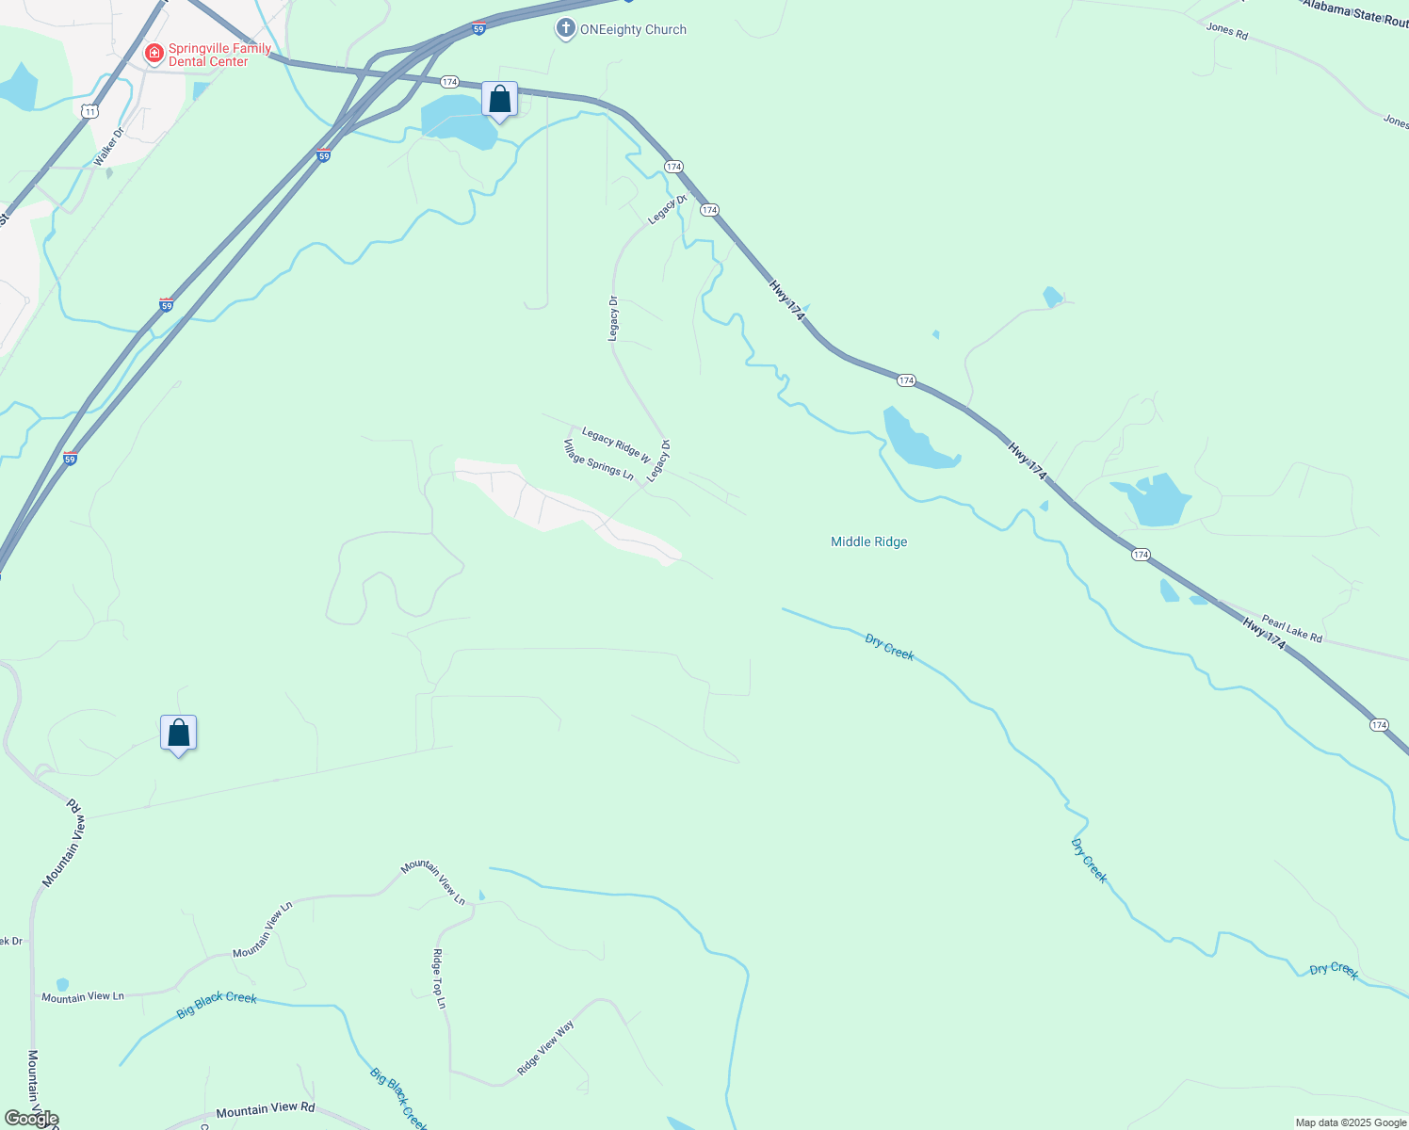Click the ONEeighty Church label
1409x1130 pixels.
633,29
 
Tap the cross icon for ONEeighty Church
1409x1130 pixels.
565,29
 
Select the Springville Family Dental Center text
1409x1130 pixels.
219,55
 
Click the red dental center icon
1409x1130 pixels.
154,54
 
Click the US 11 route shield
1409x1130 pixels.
89,111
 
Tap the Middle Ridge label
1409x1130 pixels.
868,541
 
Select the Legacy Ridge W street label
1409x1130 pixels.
616,444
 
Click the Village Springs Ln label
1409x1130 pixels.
598,460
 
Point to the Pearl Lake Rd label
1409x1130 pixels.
1291,629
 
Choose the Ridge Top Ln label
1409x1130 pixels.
439,978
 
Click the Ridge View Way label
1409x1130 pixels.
545,1049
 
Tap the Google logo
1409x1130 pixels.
31,1119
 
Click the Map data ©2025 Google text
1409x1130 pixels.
1350,1122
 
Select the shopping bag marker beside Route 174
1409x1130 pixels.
499,100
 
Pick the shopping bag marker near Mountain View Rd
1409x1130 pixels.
178,733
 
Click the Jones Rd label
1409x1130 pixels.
1226,29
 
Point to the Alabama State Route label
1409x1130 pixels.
1354,12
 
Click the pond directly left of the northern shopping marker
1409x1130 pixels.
456,121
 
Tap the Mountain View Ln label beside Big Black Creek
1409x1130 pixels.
83,996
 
